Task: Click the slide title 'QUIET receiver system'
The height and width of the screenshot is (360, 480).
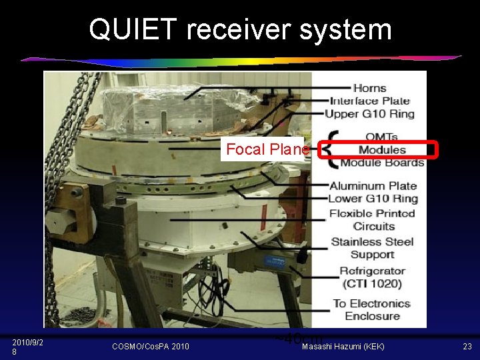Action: (240, 29)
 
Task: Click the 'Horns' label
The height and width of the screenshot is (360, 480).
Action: (369, 88)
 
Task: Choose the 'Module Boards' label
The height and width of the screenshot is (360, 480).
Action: (382, 163)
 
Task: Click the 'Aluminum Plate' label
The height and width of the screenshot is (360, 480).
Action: (373, 185)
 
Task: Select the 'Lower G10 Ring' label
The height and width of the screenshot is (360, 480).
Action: (373, 198)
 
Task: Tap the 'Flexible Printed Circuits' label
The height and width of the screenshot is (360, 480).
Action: (373, 219)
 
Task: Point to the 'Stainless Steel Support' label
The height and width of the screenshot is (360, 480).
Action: (372, 248)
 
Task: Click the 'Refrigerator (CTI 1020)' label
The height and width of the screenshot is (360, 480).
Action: (371, 277)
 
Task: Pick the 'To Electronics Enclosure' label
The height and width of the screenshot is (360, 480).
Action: (371, 309)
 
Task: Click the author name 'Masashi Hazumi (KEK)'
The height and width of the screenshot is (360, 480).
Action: (343, 347)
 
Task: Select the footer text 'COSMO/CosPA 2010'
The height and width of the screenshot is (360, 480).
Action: (150, 347)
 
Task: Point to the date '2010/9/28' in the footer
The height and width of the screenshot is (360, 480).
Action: (27, 347)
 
